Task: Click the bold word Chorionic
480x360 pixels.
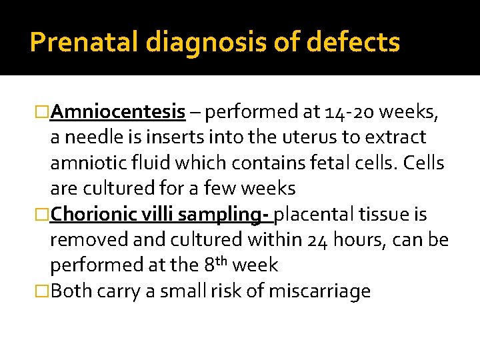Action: point(94,215)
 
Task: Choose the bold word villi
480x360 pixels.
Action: point(158,215)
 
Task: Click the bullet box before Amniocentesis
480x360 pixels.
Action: point(41,112)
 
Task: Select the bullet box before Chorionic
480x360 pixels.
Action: point(41,215)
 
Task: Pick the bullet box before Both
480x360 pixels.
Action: point(41,291)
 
